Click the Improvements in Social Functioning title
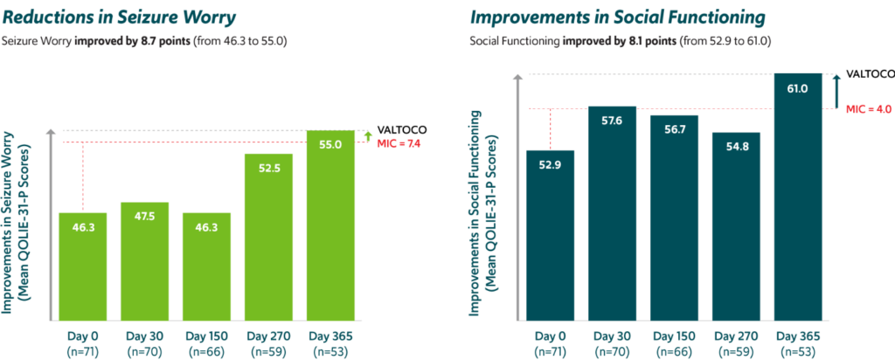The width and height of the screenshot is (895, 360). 618,17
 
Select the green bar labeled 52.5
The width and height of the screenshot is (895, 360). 269,236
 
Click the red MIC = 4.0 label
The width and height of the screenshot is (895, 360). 869,109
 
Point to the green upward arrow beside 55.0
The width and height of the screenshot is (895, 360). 367,135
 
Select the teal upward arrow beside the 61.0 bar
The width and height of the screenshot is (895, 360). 836,90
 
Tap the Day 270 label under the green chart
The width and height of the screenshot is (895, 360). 269,342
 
